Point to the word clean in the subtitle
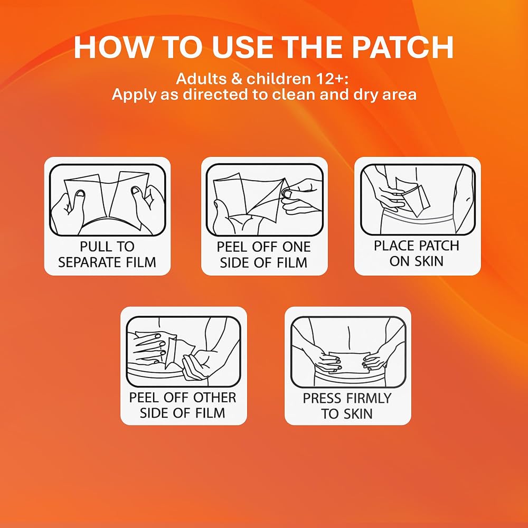[294, 95]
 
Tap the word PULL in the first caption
[92, 247]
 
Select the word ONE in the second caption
[296, 247]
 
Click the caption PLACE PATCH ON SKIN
[417, 253]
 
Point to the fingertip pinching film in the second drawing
[288, 194]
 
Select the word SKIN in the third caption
[428, 261]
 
